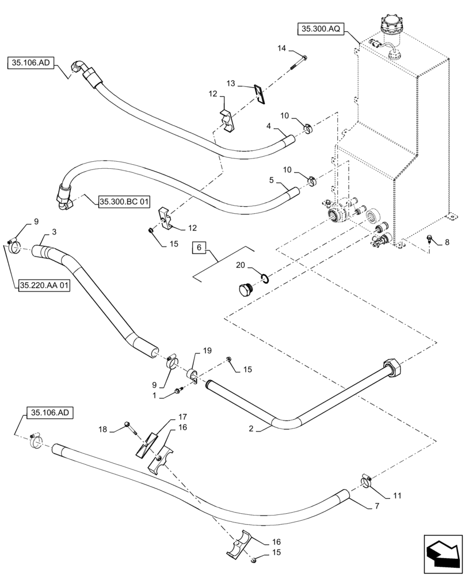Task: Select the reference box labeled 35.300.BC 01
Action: point(124,201)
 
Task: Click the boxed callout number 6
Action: point(199,247)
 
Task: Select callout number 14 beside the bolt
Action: point(281,50)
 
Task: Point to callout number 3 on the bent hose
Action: point(54,232)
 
